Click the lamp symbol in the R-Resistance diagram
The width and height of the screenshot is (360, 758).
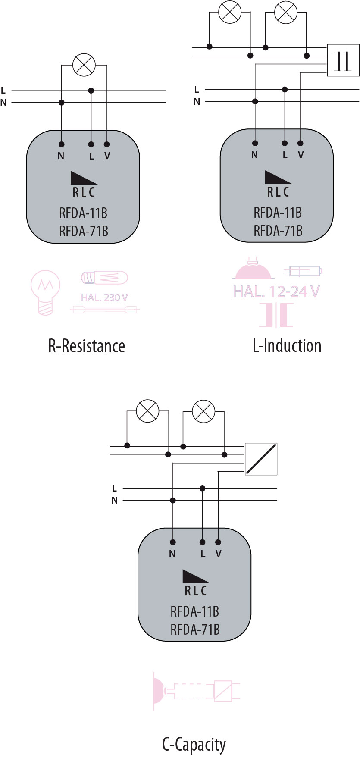(x=84, y=65)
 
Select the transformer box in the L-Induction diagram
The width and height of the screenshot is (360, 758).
(x=343, y=60)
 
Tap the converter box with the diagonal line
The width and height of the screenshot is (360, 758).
(x=261, y=459)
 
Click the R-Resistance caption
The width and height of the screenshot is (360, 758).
(x=87, y=346)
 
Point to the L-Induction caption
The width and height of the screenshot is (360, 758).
(x=287, y=345)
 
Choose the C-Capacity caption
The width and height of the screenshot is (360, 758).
(x=194, y=744)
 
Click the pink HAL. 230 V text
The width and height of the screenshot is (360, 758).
(x=104, y=297)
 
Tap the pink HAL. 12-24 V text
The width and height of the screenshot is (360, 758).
(x=276, y=291)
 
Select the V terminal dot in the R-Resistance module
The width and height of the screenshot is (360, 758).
(x=107, y=144)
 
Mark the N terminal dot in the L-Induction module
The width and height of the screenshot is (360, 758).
(x=255, y=143)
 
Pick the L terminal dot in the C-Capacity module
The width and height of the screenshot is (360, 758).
(x=202, y=542)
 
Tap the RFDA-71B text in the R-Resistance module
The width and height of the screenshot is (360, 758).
(x=84, y=232)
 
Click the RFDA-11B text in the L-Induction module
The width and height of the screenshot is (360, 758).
(x=278, y=213)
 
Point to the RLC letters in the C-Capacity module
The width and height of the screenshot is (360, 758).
(x=196, y=591)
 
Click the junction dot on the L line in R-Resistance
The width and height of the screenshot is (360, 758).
(x=91, y=91)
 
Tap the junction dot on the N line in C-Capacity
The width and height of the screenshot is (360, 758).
(x=173, y=500)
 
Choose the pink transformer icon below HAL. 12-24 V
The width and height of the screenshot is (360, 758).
(x=276, y=315)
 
